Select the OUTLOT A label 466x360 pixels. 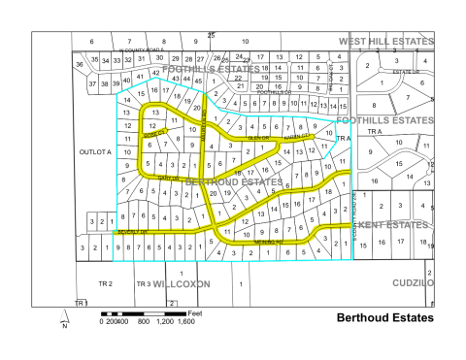tap(96, 152)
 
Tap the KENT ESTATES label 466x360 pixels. tap(394, 225)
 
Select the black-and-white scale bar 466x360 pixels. tap(144, 312)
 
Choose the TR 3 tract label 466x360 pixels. tap(143, 283)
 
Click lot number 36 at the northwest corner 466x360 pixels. tap(79, 64)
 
